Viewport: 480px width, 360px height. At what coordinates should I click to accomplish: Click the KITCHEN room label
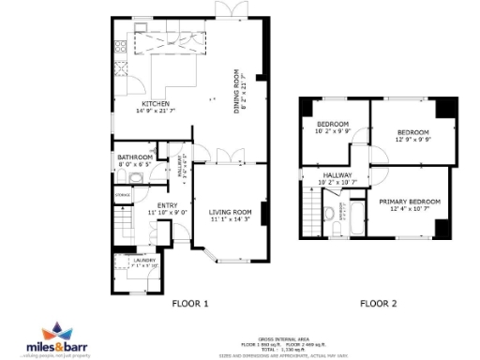[156, 103]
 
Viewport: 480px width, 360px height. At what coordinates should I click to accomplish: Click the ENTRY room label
[167, 205]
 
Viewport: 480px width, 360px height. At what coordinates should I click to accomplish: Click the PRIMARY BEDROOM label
[410, 201]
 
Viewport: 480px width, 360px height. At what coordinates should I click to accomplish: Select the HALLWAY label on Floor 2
[337, 174]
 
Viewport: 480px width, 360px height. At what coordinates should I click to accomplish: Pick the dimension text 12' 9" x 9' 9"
[412, 140]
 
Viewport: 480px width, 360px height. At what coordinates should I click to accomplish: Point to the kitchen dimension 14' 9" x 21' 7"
[156, 111]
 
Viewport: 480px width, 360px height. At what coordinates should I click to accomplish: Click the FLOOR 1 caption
[190, 303]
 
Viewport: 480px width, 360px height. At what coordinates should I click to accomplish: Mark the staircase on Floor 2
[310, 211]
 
